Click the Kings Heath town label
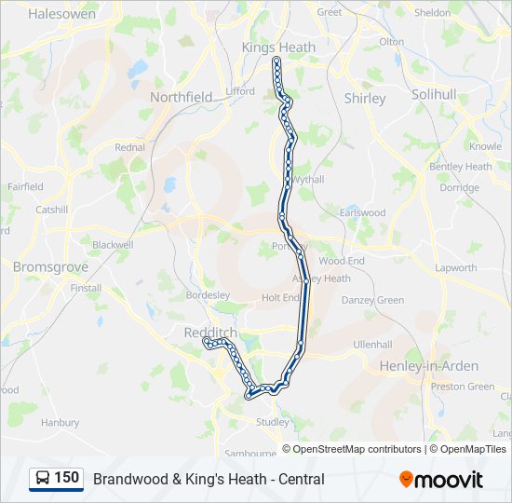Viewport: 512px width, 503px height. [278, 48]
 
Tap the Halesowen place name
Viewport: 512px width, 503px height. [62, 14]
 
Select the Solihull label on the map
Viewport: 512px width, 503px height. [434, 95]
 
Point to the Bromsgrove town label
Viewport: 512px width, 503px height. [50, 266]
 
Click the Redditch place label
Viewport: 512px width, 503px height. [210, 333]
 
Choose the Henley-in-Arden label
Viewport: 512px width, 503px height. [429, 366]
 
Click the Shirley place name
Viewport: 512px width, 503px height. [365, 98]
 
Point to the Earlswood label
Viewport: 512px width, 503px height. [362, 213]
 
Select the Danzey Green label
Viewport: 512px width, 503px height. [372, 300]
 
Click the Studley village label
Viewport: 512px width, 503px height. [273, 422]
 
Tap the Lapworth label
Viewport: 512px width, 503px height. [456, 268]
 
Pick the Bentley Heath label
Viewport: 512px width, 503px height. [460, 167]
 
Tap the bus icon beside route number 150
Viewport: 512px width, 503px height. [43, 479]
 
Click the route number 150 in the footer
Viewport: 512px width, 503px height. [67, 478]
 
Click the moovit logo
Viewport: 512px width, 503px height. [441, 480]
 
